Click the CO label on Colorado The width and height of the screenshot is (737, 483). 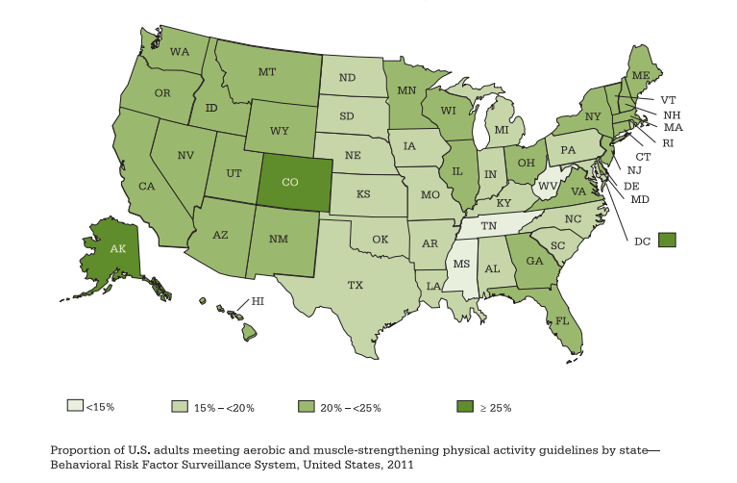point(290,182)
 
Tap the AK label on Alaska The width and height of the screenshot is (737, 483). point(118,248)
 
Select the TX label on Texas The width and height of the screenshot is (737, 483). point(355,285)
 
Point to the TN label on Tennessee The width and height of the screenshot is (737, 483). point(489,225)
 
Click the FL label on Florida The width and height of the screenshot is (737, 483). point(562,320)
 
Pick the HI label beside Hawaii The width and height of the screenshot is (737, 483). point(258,301)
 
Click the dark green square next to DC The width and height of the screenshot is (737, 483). point(667,240)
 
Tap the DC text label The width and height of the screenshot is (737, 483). point(643,241)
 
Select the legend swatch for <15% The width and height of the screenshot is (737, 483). point(75,406)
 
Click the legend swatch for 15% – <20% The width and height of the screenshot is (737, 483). point(179,406)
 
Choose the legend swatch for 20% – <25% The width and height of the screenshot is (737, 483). point(307,406)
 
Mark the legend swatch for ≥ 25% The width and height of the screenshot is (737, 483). point(465,406)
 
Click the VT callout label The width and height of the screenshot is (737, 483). point(669,99)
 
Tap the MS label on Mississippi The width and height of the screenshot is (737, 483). point(461,263)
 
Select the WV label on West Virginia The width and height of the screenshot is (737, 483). point(548,186)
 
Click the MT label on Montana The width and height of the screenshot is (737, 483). point(267,72)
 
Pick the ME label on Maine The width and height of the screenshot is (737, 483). point(641,75)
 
